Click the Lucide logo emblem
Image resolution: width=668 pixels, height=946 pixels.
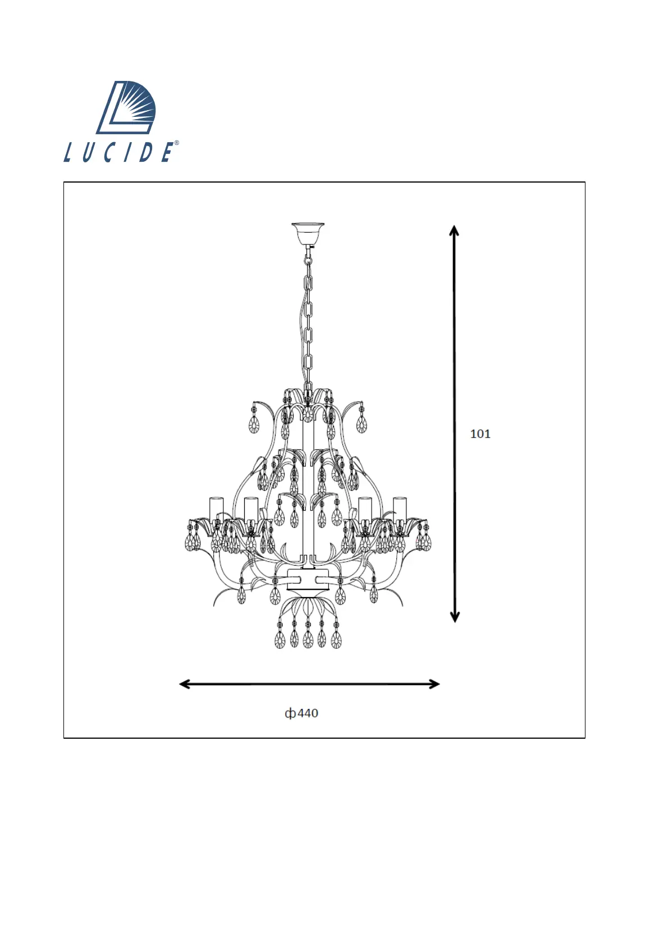pos(126,107)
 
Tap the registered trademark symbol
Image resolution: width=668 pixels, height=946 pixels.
pos(176,143)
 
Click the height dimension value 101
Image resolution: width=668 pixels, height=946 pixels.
pos(480,434)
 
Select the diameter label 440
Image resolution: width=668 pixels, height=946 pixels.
pos(308,713)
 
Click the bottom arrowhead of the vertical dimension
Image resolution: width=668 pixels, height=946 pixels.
pos(455,617)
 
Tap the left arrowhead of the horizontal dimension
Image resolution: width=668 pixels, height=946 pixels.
pos(185,684)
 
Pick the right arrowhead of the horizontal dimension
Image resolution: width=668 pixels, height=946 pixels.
pos(434,684)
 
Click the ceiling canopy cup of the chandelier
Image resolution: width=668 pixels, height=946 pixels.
pos(308,234)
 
